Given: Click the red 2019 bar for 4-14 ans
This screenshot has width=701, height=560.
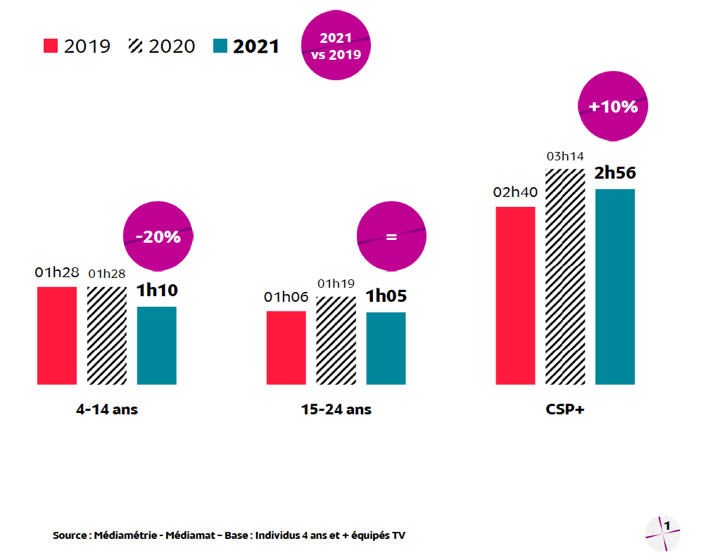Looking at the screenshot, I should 57,336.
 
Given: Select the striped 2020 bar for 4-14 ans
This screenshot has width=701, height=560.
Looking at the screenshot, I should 107,336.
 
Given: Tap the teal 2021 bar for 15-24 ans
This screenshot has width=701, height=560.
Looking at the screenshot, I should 386,348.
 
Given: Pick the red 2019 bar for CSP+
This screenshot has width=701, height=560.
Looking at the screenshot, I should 516,295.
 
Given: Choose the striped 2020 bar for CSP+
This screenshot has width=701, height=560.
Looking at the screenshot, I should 566,276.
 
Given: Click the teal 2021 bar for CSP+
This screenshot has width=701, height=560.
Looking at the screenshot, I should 615,286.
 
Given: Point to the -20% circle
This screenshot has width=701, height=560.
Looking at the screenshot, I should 158,237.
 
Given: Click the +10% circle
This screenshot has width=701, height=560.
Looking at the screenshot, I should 613,107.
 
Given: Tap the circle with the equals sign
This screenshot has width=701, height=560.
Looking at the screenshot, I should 391,237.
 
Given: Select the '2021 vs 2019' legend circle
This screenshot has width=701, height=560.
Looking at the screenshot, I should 336,46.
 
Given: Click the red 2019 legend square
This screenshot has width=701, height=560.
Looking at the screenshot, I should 51,46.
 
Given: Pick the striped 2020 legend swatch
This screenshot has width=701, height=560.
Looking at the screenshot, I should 135,46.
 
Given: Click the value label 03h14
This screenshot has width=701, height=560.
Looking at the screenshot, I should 565,156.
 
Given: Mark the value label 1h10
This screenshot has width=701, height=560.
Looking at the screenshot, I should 157,291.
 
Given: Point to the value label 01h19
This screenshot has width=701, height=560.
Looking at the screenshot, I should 336,284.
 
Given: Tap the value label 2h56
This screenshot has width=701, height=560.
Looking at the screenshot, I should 615,173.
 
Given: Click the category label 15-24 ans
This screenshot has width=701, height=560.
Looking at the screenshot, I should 336,409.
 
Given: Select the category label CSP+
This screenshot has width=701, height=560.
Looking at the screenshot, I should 565,409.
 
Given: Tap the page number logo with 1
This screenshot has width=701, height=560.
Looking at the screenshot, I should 663,533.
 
